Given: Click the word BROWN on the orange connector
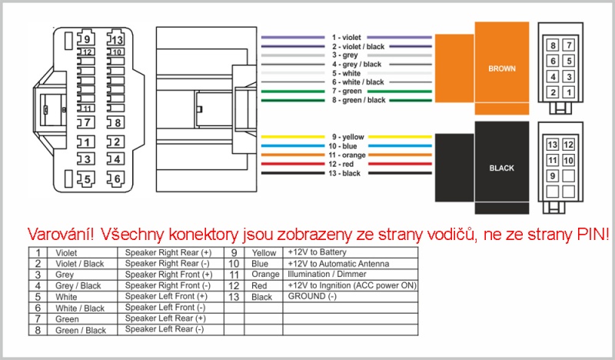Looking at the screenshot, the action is coord(502,68).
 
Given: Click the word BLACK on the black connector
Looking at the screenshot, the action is coord(502,168).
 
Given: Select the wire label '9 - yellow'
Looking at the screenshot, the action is coord(348,137).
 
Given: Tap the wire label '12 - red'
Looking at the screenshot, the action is coord(341,164).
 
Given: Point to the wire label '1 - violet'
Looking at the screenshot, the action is coord(347,37).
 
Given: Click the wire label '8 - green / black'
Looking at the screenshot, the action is coord(359,100).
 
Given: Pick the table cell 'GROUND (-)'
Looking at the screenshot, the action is coord(312,296).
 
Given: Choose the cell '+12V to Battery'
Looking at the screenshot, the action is coord(317,252).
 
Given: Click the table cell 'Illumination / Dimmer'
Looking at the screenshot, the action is coord(327,274).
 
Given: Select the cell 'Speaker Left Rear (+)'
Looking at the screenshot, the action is coord(165,318).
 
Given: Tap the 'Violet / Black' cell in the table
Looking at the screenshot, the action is coord(80,264).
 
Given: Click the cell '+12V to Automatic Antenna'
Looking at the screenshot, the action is coord(338,263).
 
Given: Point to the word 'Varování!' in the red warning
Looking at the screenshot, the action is coord(61,235).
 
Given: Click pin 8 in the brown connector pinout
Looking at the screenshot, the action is coord(553,45).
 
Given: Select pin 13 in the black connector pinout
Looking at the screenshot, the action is coord(553,145).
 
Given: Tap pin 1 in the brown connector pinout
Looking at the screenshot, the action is coord(569,92).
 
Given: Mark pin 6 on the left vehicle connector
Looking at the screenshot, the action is coord(117,178).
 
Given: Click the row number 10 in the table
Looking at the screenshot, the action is coord(234,263).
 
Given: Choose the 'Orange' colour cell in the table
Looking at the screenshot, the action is coord(265,274).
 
